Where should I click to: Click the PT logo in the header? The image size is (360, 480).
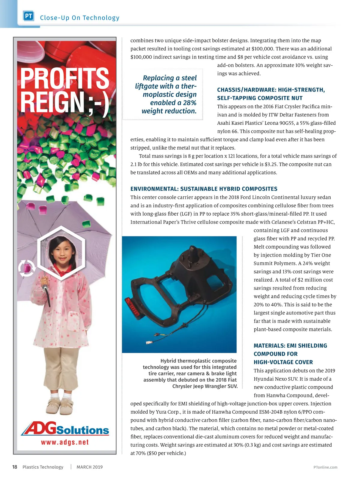tap(28, 16)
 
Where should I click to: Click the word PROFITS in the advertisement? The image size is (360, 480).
tap(64, 79)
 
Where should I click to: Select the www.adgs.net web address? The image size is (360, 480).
tap(65, 442)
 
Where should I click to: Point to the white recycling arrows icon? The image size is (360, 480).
tap(27, 268)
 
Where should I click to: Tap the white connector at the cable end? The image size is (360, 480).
tap(148, 342)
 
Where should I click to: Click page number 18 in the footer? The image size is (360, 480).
tap(14, 467)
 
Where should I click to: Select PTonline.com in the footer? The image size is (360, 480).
tap(325, 467)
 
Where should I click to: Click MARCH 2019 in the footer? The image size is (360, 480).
tap(89, 467)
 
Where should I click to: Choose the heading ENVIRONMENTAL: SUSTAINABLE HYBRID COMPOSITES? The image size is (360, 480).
tap(204, 189)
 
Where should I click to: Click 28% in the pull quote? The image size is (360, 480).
tap(190, 103)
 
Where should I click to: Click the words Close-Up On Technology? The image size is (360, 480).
tap(79, 18)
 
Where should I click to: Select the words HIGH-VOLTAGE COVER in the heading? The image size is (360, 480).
tap(283, 362)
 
